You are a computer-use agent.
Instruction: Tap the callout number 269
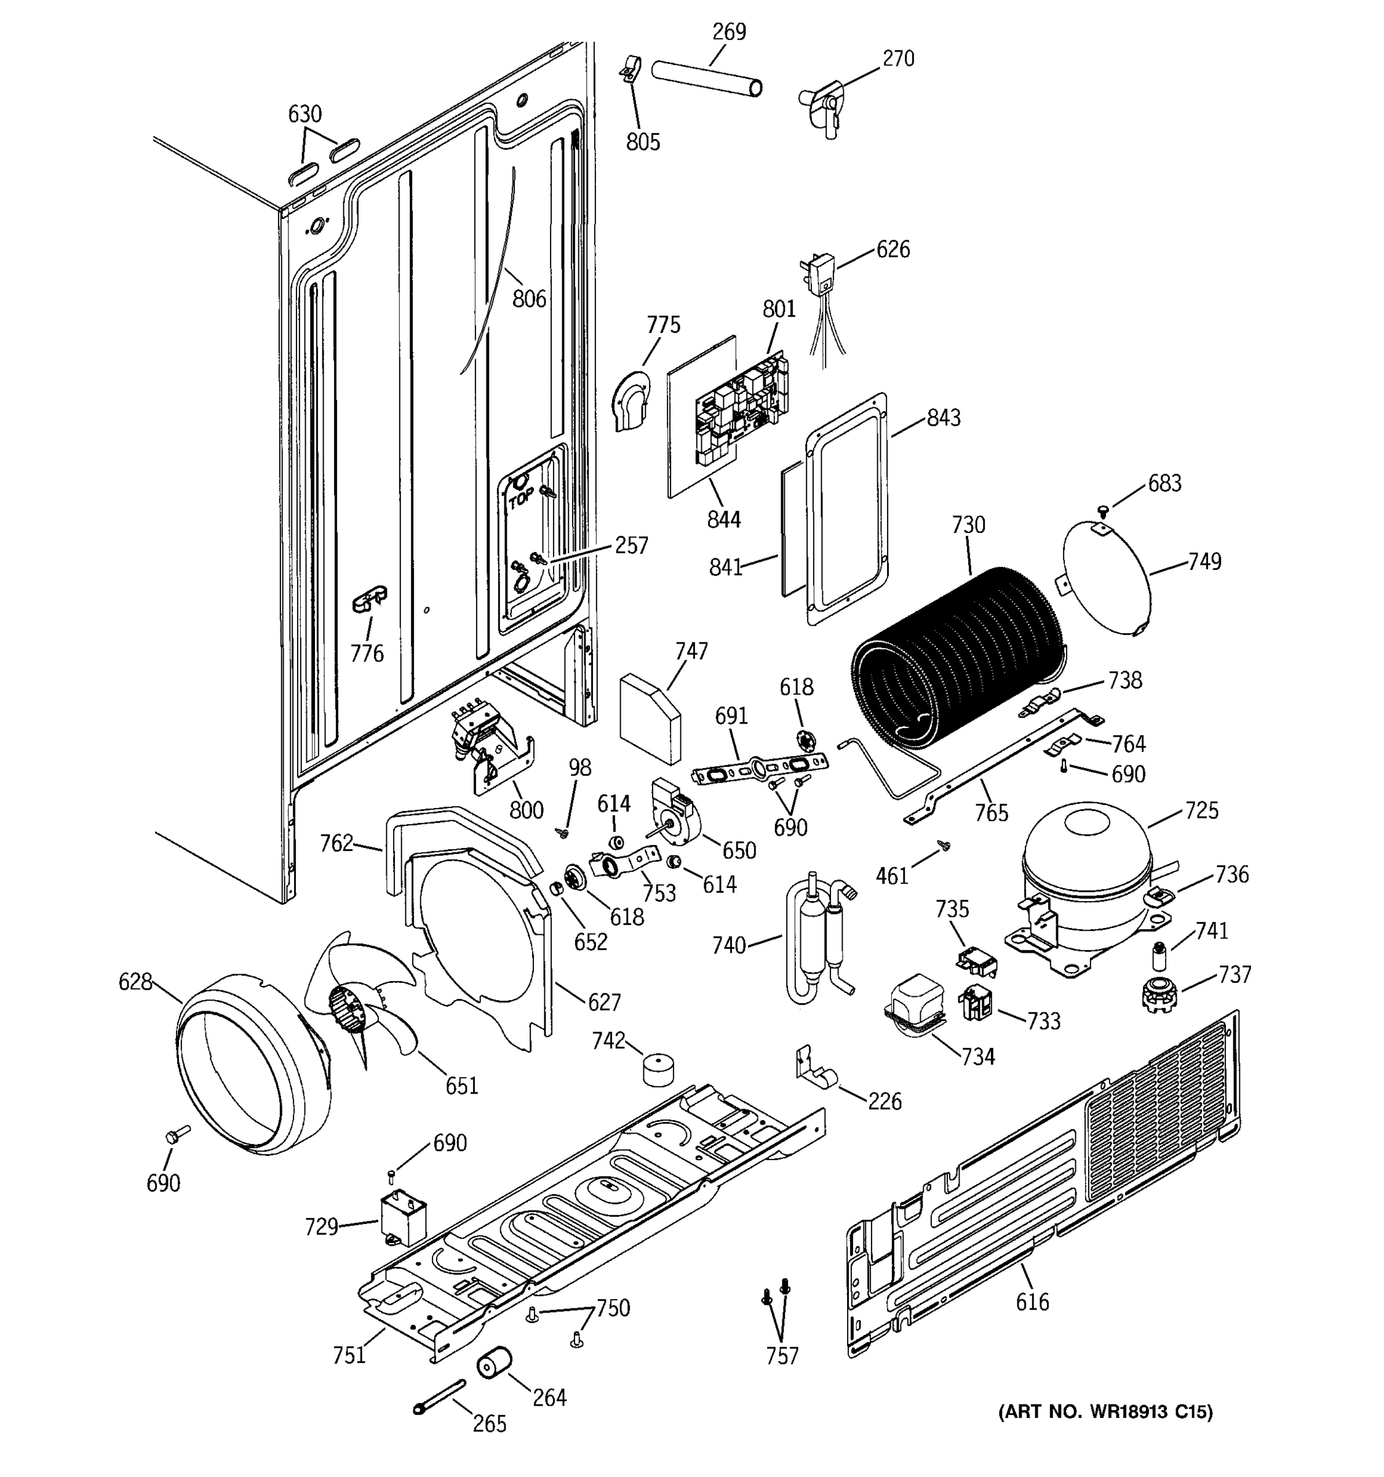(x=728, y=32)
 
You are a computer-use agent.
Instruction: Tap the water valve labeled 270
(x=822, y=108)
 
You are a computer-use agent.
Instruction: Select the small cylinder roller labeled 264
(x=494, y=1362)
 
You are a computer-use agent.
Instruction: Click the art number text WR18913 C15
(x=1105, y=1411)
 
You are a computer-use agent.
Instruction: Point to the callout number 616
(x=1032, y=1302)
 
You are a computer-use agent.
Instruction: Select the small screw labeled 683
(x=1103, y=510)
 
